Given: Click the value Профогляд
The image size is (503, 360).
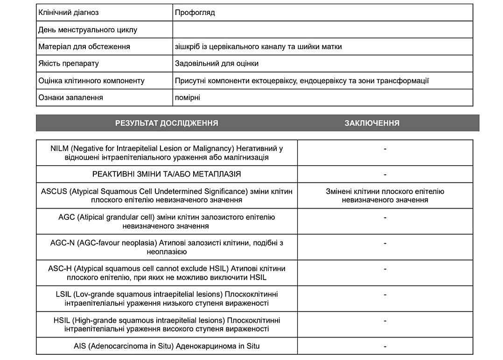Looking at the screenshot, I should click(195, 13).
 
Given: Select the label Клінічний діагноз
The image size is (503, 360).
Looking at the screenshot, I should click(69, 13).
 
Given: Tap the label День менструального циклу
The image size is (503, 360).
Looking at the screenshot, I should click(88, 30).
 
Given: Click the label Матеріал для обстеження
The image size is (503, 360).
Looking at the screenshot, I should click(84, 47).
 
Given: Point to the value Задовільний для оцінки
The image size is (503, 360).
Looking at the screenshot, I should click(217, 64).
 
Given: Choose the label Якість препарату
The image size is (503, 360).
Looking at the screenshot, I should click(69, 64).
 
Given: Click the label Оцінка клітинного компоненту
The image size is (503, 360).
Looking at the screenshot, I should click(91, 81).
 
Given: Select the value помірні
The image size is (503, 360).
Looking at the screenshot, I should click(188, 98).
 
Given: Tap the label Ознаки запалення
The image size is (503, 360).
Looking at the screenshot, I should click(71, 98).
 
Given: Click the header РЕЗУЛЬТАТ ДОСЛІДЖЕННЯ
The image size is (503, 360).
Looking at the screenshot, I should click(167, 123).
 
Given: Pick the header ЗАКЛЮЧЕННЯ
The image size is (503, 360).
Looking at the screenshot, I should click(372, 123).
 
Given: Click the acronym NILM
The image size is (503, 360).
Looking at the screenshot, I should click(60, 148).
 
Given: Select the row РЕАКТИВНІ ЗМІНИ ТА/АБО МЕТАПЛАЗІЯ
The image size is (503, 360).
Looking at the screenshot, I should click(167, 174).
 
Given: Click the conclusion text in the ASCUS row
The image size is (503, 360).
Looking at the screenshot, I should click(385, 196).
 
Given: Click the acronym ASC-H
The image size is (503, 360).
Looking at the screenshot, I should click(60, 268).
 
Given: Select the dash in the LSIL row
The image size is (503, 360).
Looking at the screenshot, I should click(385, 295).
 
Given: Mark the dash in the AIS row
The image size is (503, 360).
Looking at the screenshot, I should click(385, 346).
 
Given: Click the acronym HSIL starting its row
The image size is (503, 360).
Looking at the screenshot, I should click(62, 320).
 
